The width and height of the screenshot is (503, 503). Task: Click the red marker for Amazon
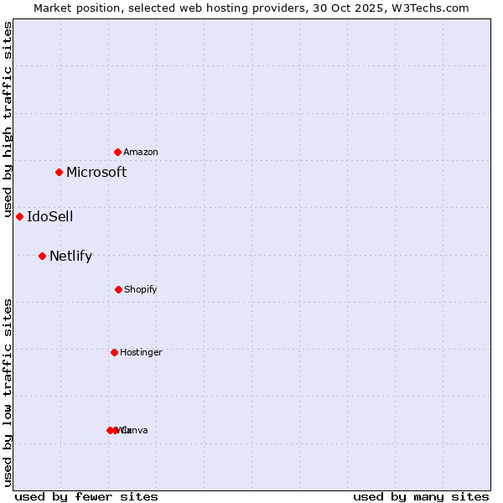tap(117, 152)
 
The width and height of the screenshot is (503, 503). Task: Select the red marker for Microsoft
tap(59, 172)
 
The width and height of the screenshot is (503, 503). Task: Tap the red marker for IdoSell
tap(19, 216)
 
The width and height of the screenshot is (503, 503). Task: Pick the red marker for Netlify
tap(42, 256)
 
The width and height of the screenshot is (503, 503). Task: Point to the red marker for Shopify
tap(118, 289)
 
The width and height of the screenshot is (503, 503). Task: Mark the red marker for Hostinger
tap(114, 352)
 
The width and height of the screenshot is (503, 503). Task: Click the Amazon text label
tap(141, 152)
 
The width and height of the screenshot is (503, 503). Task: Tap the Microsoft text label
tap(96, 172)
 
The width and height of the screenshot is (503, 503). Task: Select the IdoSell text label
tap(50, 216)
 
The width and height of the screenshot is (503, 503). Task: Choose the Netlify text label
tap(71, 256)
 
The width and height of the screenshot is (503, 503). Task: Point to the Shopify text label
tap(141, 289)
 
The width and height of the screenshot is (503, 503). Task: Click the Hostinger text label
tap(141, 352)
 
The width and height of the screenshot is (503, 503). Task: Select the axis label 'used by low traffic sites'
tap(8, 392)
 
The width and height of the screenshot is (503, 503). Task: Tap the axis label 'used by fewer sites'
tap(86, 496)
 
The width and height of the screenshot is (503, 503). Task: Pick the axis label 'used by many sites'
tap(421, 496)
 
